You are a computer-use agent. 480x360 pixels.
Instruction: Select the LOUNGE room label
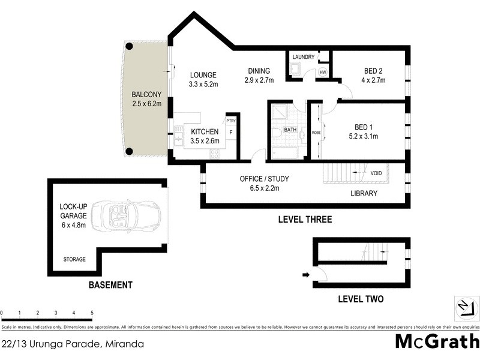(202, 75)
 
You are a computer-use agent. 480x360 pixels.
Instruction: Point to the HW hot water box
(323, 73)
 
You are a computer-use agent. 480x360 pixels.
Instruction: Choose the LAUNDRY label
(303, 57)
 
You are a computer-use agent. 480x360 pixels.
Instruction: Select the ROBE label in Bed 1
(316, 133)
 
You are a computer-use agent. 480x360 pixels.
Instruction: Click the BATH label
(290, 130)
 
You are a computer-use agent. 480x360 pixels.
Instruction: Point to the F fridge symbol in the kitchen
(231, 132)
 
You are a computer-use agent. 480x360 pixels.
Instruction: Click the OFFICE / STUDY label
(265, 179)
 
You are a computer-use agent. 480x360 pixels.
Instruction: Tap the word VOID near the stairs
(376, 173)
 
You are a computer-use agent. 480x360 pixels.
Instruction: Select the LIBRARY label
(364, 193)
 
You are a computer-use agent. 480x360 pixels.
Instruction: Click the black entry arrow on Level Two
(306, 275)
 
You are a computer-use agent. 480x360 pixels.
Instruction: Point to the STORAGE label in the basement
(75, 259)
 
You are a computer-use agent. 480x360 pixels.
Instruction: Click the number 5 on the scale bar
(92, 313)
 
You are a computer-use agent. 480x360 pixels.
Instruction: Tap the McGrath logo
(437, 341)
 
